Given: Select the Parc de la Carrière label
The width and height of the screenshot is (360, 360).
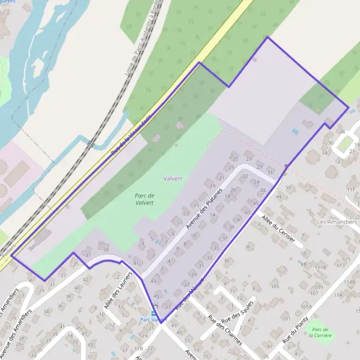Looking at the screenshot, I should [x=322, y=332].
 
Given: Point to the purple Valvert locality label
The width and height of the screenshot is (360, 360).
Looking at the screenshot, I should [x=173, y=178].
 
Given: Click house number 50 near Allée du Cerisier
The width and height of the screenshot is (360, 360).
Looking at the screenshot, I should [x=288, y=188].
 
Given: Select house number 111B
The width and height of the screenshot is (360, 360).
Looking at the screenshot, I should [x=321, y=268].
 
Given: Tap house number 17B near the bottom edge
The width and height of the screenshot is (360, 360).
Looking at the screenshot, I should [x=139, y=348].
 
